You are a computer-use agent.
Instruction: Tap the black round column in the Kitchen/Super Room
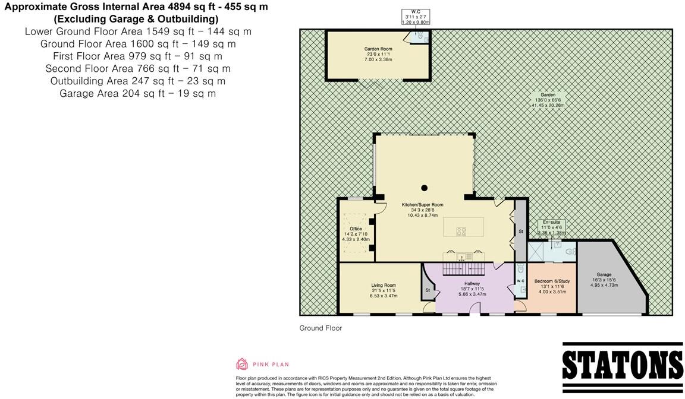(x=424, y=188)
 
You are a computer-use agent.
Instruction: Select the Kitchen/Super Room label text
(x=423, y=205)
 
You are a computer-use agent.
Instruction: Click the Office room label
(x=356, y=229)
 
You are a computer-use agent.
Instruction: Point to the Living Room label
(x=383, y=285)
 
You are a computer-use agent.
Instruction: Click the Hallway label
(x=472, y=284)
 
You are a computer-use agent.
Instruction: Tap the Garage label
(x=604, y=275)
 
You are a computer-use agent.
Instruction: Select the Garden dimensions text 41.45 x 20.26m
(x=548, y=104)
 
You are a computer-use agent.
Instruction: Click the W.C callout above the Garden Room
(x=416, y=17)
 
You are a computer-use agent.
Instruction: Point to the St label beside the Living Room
(x=428, y=290)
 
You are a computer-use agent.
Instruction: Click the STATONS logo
(x=622, y=362)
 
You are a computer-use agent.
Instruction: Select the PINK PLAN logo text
(x=271, y=365)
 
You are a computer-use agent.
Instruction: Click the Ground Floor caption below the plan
(x=320, y=328)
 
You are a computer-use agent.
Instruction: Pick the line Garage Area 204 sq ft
(x=137, y=93)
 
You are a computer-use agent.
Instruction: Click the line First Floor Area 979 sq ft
(x=137, y=56)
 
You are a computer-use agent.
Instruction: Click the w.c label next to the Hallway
(x=520, y=281)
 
